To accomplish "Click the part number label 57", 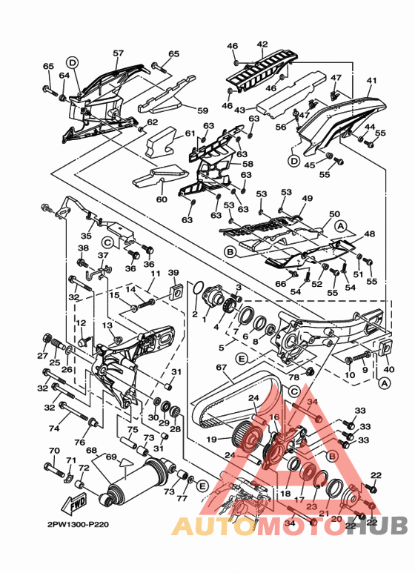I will pyautogui.click(x=118, y=53).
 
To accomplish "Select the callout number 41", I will pyautogui.click(x=371, y=81).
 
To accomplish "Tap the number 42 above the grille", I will pyautogui.click(x=262, y=44).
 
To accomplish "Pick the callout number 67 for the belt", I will pyautogui.click(x=219, y=368).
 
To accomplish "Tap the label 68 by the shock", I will pyautogui.click(x=91, y=450).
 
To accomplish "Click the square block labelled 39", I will pyautogui.click(x=176, y=289).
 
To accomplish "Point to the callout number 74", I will pyautogui.click(x=53, y=428).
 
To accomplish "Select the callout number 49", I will pyautogui.click(x=307, y=199).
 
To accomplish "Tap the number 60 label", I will pyautogui.click(x=162, y=199).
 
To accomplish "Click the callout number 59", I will pyautogui.click(x=202, y=110).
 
